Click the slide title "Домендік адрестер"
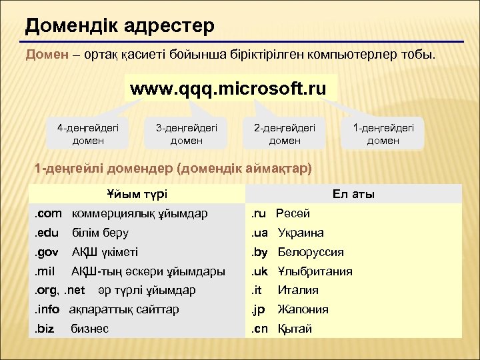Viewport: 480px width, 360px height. (x=119, y=26)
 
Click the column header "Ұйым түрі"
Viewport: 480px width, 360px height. (x=137, y=194)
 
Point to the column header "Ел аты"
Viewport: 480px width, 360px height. (x=353, y=194)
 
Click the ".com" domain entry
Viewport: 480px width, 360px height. (x=49, y=213)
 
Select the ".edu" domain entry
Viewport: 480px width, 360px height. (x=48, y=233)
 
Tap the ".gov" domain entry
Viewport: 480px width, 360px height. (x=48, y=252)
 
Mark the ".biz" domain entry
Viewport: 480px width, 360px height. (x=46, y=329)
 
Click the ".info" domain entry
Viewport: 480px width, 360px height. (x=47, y=309)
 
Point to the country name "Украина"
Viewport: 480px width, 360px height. (x=301, y=233)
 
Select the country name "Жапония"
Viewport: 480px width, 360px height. (x=303, y=309)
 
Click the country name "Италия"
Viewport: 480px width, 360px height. (x=298, y=290)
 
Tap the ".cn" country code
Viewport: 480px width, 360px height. (x=259, y=329)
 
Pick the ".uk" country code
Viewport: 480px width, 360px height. (x=259, y=271)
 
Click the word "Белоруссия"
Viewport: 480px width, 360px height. (x=311, y=252)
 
